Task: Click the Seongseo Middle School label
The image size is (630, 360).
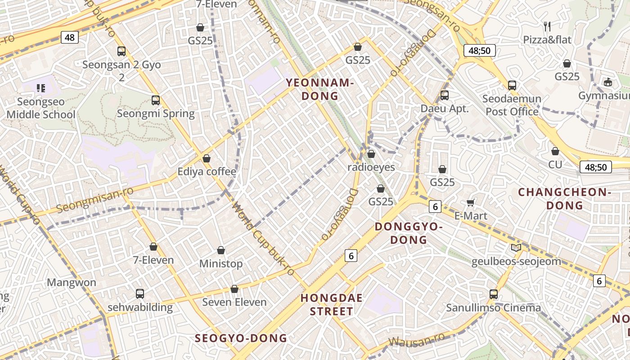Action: click(41, 108)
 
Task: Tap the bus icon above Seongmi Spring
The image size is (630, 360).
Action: click(156, 100)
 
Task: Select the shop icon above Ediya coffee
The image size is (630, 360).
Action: click(207, 158)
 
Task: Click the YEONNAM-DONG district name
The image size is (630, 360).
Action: click(320, 89)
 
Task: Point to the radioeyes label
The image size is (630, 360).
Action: click(371, 167)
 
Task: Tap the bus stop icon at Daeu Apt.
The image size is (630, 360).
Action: click(445, 95)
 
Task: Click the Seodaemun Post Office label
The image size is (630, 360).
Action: click(512, 105)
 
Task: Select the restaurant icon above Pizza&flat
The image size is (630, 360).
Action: click(547, 27)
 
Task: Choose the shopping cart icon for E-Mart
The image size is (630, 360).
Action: click(471, 202)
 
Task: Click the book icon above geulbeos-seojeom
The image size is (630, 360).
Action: click(516, 247)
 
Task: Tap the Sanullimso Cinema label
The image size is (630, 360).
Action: click(493, 308)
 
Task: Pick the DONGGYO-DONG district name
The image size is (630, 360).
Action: click(409, 233)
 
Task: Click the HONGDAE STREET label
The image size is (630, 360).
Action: click(332, 304)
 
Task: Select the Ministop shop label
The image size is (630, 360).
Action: click(221, 264)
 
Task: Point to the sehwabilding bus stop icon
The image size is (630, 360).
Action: click(140, 294)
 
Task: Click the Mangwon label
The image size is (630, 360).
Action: click(72, 283)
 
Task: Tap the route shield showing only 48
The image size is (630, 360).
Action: click(69, 37)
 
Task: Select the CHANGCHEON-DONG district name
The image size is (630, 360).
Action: click(564, 199)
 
